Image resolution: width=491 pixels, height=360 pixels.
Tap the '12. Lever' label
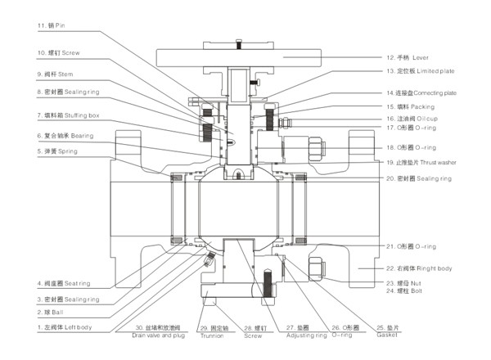pos(411,58)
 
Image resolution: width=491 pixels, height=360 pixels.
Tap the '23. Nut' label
pos(406,282)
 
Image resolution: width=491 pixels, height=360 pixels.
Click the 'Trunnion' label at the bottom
pos(212,335)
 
